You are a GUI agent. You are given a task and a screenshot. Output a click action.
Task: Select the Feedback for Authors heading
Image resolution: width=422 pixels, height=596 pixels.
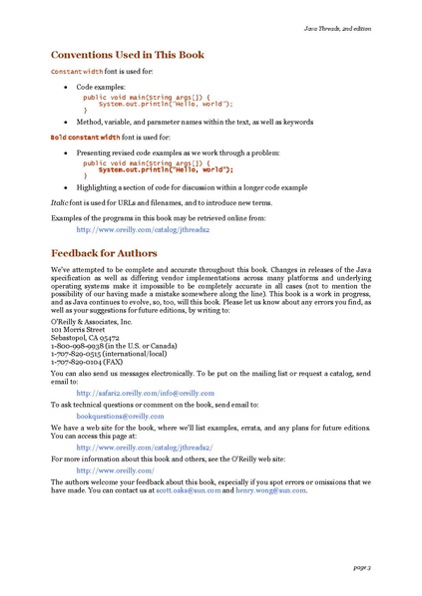point(104,254)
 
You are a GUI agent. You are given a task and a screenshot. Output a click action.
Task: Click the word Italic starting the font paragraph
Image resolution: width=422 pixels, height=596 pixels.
point(61,201)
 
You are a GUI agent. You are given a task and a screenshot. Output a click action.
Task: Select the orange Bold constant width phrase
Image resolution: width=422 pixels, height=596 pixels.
point(85,137)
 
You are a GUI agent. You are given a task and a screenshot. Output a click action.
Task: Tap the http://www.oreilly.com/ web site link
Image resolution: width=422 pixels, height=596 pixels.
point(115,469)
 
